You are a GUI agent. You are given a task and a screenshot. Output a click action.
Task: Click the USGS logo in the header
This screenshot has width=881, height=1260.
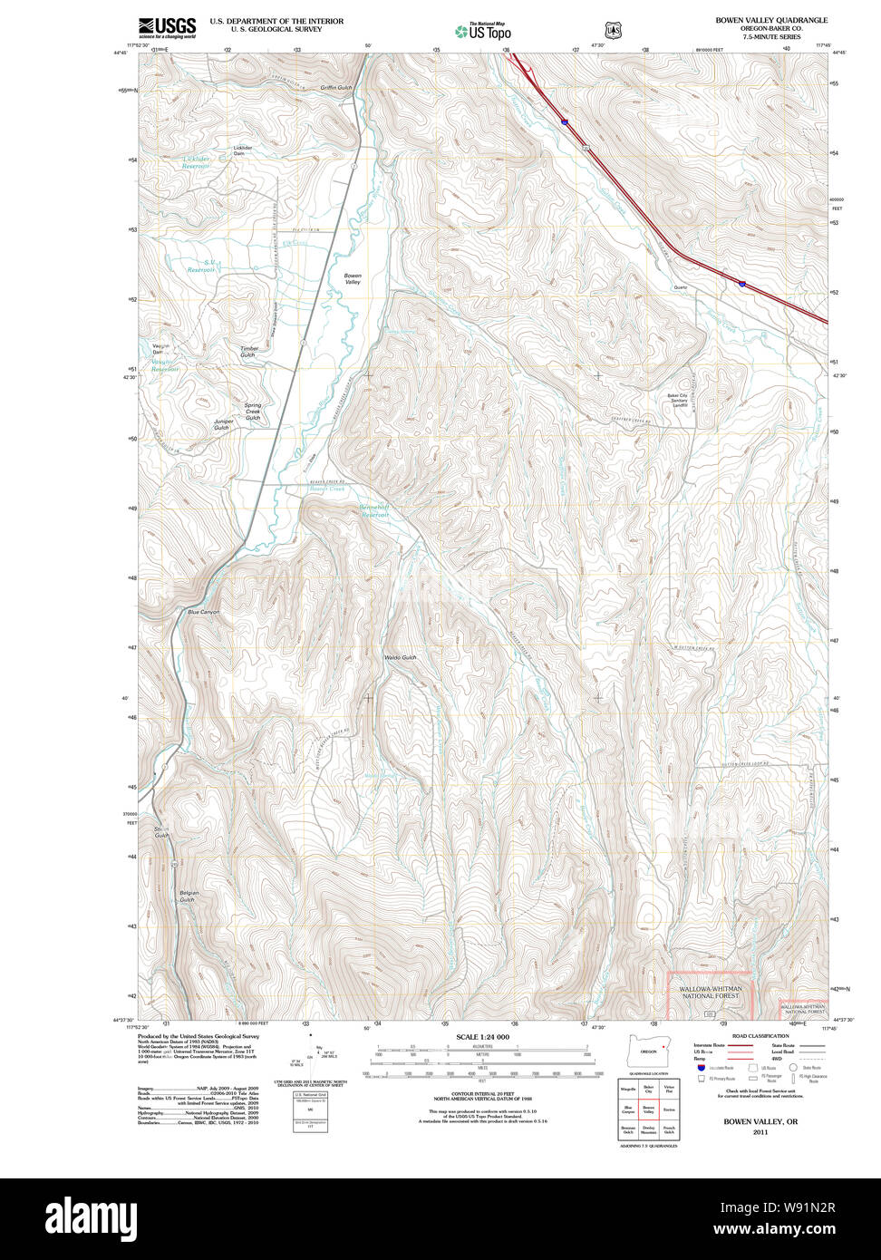167,27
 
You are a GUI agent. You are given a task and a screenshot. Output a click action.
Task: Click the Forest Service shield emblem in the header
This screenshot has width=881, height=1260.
614,30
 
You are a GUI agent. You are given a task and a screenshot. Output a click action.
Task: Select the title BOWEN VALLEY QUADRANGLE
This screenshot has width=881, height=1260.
770,20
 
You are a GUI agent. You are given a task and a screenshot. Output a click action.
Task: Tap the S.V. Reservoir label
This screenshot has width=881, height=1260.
202,266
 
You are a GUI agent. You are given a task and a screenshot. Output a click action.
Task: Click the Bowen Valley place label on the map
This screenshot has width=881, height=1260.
352,279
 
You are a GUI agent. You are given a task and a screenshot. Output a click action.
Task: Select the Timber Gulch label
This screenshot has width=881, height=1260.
249,352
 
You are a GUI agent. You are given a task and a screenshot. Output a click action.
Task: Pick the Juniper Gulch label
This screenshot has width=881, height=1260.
223,424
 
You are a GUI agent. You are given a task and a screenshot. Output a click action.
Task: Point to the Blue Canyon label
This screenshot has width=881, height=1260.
203,612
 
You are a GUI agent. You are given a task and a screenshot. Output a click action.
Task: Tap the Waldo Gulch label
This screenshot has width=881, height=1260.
400,657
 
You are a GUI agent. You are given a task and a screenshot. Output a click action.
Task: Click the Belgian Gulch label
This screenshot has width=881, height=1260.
188,896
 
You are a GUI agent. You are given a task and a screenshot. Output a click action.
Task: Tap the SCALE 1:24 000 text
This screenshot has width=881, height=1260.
482,1037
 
